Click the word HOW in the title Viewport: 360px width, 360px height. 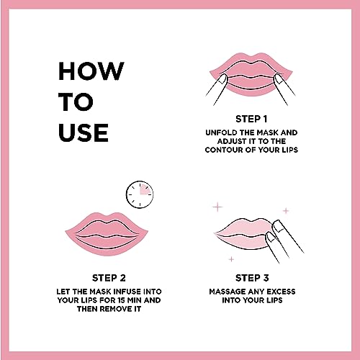point(91,71)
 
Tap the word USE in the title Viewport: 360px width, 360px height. point(84,132)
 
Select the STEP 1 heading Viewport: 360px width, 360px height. point(251,119)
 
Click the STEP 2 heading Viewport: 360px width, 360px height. point(109,278)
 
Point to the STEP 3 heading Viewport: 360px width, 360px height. point(252,278)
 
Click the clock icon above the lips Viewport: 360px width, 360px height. point(140,194)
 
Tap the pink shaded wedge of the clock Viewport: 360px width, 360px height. point(145,189)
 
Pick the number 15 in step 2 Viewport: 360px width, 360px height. point(122,300)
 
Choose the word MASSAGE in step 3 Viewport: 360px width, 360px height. point(228,292)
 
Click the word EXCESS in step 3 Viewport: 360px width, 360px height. point(281,292)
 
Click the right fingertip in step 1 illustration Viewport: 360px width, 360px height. point(279,79)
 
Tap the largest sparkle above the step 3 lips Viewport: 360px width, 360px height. point(217,207)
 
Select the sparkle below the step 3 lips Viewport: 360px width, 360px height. point(231,259)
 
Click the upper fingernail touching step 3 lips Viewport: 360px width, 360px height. point(277,225)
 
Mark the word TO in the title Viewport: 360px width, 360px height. point(76,102)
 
